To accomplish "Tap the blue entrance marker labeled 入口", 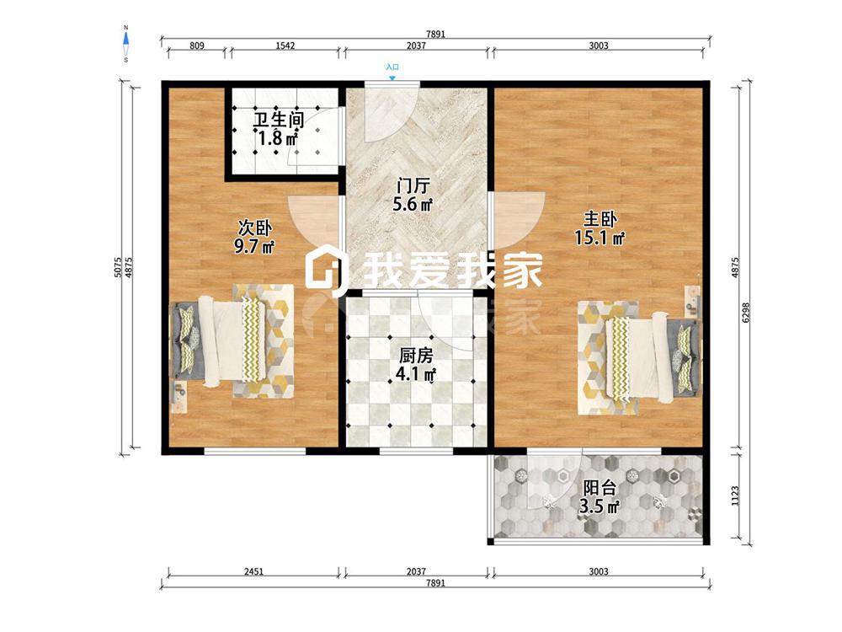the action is pyautogui.click(x=392, y=71).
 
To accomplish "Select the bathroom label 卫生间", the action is pyautogui.click(x=278, y=120).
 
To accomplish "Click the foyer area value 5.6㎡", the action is pyautogui.click(x=413, y=204).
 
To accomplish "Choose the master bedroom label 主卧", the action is pyautogui.click(x=600, y=219).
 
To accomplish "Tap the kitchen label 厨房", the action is pyautogui.click(x=416, y=355).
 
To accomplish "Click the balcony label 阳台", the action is pyautogui.click(x=600, y=488).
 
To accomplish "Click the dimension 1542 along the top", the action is pyautogui.click(x=285, y=46).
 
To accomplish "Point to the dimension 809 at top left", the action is pyautogui.click(x=197, y=46).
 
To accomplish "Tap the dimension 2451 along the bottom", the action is pyautogui.click(x=253, y=571).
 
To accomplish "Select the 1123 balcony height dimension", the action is pyautogui.click(x=735, y=495).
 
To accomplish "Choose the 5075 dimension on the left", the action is pyautogui.click(x=118, y=267).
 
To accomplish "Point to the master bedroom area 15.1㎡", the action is pyautogui.click(x=600, y=237).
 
